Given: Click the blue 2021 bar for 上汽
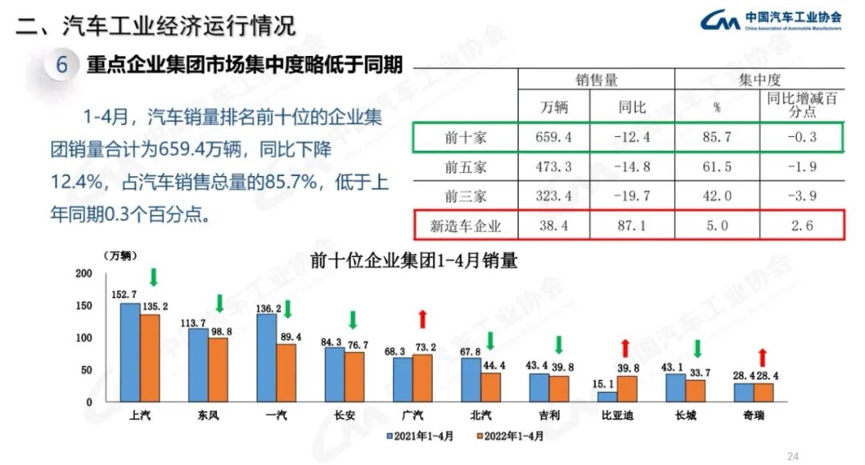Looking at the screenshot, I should (x=130, y=352).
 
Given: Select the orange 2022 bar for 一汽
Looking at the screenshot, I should (x=286, y=373).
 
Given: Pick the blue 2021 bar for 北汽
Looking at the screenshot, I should (x=471, y=379).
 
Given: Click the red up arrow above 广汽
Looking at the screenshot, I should (x=423, y=320).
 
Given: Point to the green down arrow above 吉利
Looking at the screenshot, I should (x=559, y=346).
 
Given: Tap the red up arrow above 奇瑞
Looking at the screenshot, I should (x=763, y=357).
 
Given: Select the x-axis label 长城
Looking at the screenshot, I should (x=686, y=416).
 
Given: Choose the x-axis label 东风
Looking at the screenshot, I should (x=208, y=416).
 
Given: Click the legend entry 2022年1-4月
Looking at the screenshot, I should (x=513, y=437).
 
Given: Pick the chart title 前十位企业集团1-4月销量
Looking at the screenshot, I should (x=415, y=262).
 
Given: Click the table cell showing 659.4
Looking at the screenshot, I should (x=553, y=137).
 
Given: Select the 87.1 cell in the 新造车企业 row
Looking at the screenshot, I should (x=632, y=226).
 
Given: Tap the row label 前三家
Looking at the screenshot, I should (x=465, y=196).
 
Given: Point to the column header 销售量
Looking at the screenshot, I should (x=596, y=80).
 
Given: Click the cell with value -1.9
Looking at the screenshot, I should (x=801, y=166).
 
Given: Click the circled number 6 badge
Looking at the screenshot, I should (x=61, y=65).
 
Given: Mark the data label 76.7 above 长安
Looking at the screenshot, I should (x=357, y=345).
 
